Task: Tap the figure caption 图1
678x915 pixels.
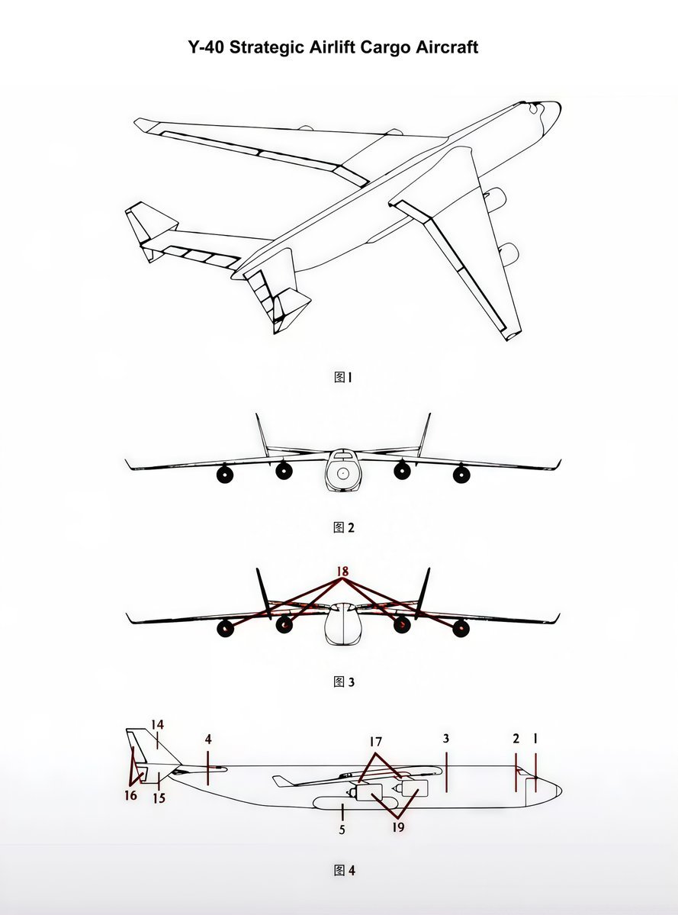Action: point(343,377)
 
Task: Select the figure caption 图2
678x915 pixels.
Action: point(343,527)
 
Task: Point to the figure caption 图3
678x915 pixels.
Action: point(343,681)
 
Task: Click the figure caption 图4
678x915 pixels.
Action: point(344,870)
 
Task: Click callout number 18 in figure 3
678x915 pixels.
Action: point(342,572)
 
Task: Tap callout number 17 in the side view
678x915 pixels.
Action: point(375,742)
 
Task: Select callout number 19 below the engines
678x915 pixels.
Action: point(398,827)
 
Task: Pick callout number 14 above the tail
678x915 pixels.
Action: point(157,725)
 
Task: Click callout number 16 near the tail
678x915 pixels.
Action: point(130,795)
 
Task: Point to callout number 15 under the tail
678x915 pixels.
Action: point(159,798)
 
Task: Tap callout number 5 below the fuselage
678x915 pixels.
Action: point(342,830)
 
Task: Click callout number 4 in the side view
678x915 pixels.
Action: point(208,739)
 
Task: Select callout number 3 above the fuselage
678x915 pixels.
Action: point(446,739)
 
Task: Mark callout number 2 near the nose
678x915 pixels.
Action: point(516,739)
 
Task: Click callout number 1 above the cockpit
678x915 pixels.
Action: point(535,739)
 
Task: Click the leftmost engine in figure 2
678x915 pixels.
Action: point(225,475)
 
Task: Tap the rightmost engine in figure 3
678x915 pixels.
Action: point(461,629)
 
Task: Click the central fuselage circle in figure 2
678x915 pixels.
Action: point(342,473)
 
